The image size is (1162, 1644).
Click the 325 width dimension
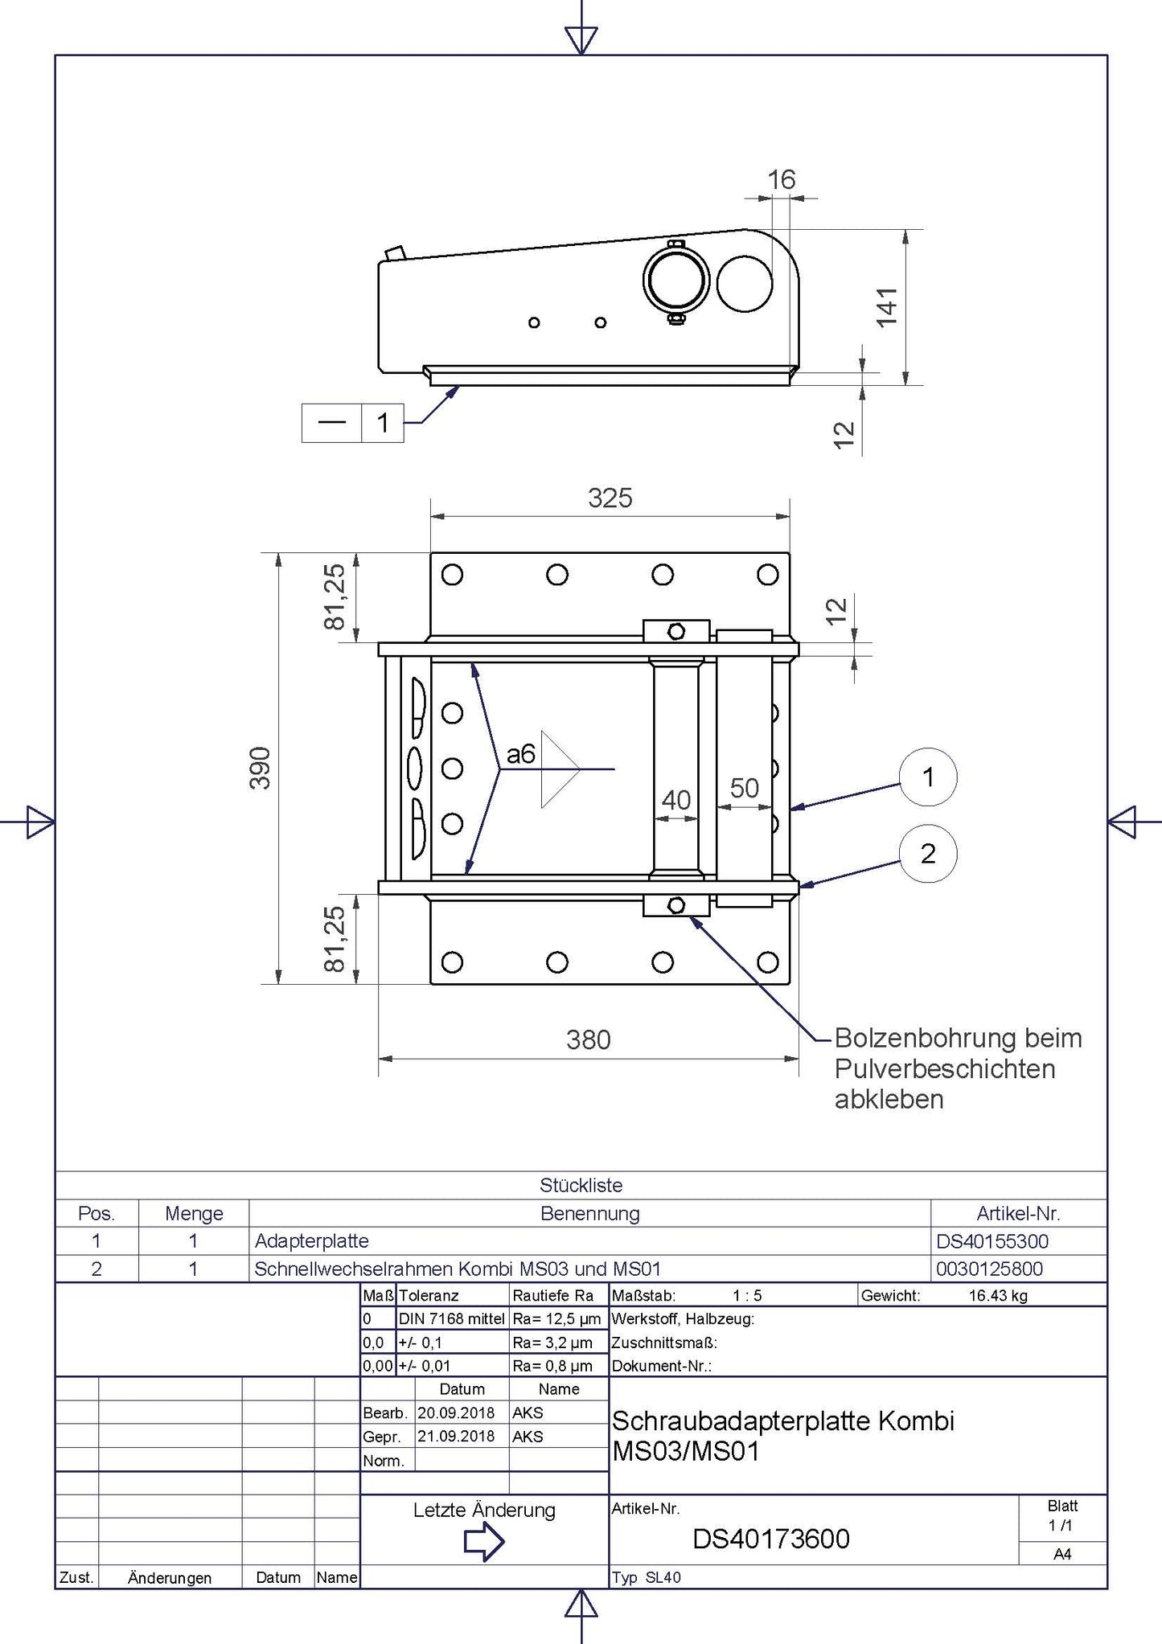(x=610, y=498)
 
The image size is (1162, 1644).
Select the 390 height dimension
(x=260, y=768)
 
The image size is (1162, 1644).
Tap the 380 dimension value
(x=588, y=1040)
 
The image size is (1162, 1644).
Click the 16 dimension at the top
(x=781, y=179)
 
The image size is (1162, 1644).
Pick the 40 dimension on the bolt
(x=675, y=800)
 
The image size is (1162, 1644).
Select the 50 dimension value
(x=744, y=788)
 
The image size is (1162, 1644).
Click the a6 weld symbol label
(x=520, y=754)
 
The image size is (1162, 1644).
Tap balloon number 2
(x=928, y=854)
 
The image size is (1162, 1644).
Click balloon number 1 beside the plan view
(x=928, y=777)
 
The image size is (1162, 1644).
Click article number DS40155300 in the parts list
(x=992, y=1241)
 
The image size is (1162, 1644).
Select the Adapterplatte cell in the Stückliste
(x=312, y=1241)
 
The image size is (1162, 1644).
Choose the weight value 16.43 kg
(x=997, y=1295)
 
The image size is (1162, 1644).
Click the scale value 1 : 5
(x=746, y=1295)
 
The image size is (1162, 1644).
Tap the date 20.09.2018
(x=456, y=1412)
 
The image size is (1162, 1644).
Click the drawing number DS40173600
(x=770, y=1539)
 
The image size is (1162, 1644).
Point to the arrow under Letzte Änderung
(x=484, y=1542)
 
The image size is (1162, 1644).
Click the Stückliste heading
(x=581, y=1185)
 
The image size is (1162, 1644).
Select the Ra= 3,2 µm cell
(x=552, y=1343)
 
